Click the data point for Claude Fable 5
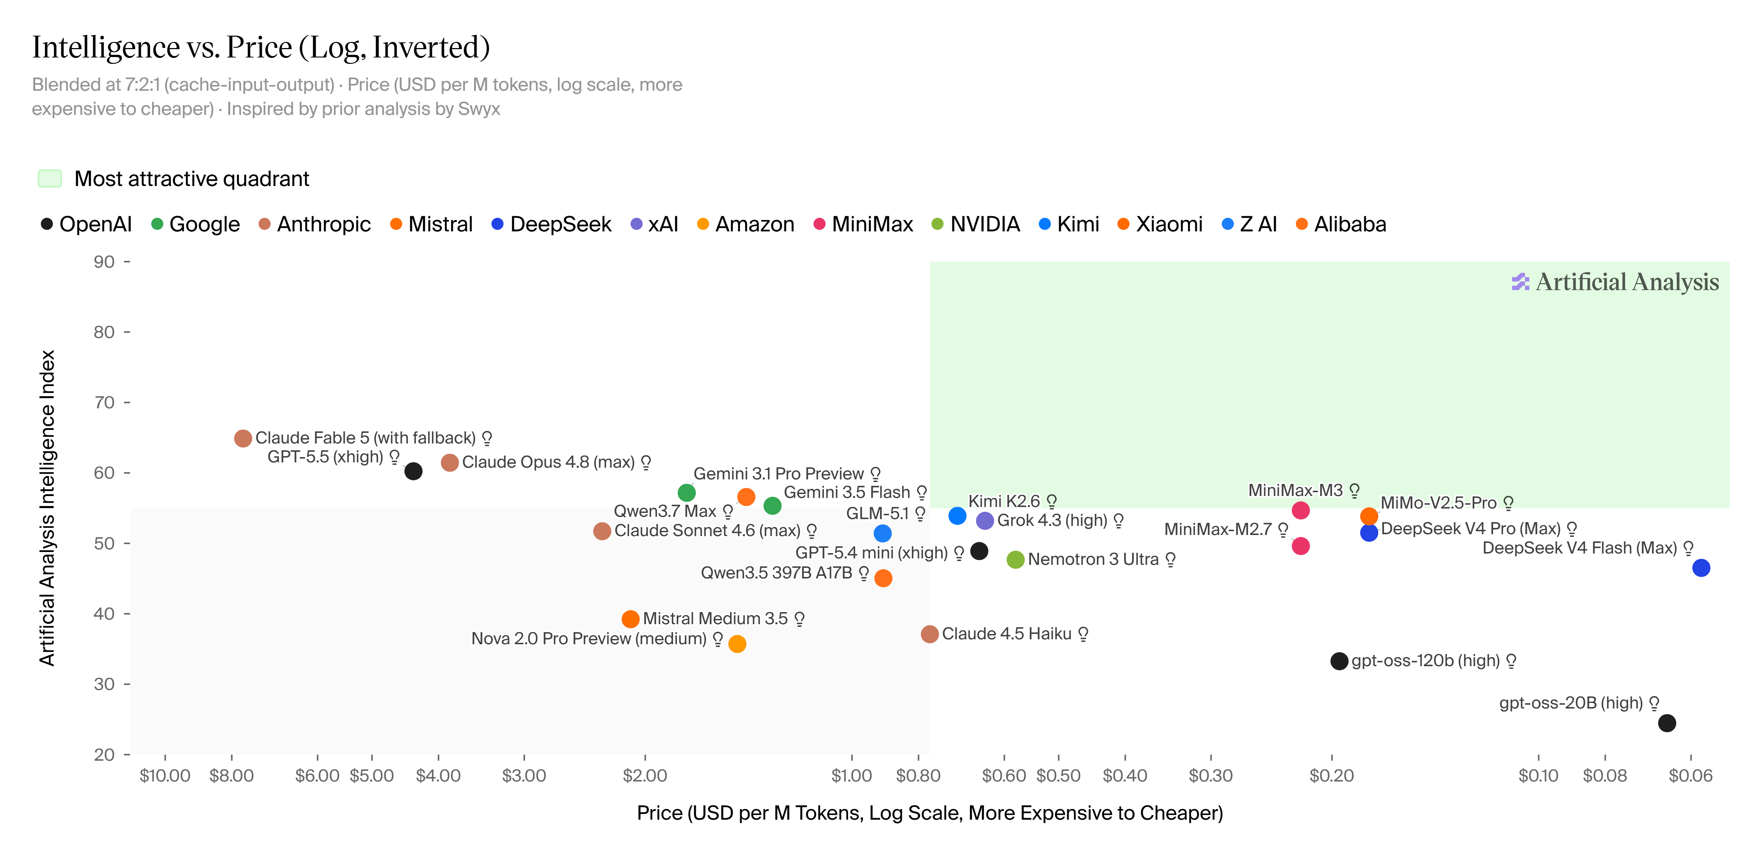pyautogui.click(x=243, y=438)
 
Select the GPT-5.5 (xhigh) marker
pyautogui.click(x=413, y=471)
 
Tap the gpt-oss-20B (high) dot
pyautogui.click(x=1667, y=723)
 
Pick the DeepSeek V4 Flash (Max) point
pyautogui.click(x=1701, y=567)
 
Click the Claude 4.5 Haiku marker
pyautogui.click(x=930, y=634)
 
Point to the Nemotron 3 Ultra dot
pyautogui.click(x=1015, y=559)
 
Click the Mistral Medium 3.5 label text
pyautogui.click(x=715, y=619)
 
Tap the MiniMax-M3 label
pyautogui.click(x=1295, y=490)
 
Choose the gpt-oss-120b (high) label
pyautogui.click(x=1426, y=661)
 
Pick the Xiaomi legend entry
pyautogui.click(x=1160, y=224)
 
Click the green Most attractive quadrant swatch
pyautogui.click(x=50, y=178)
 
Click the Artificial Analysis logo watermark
pyautogui.click(x=1615, y=282)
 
